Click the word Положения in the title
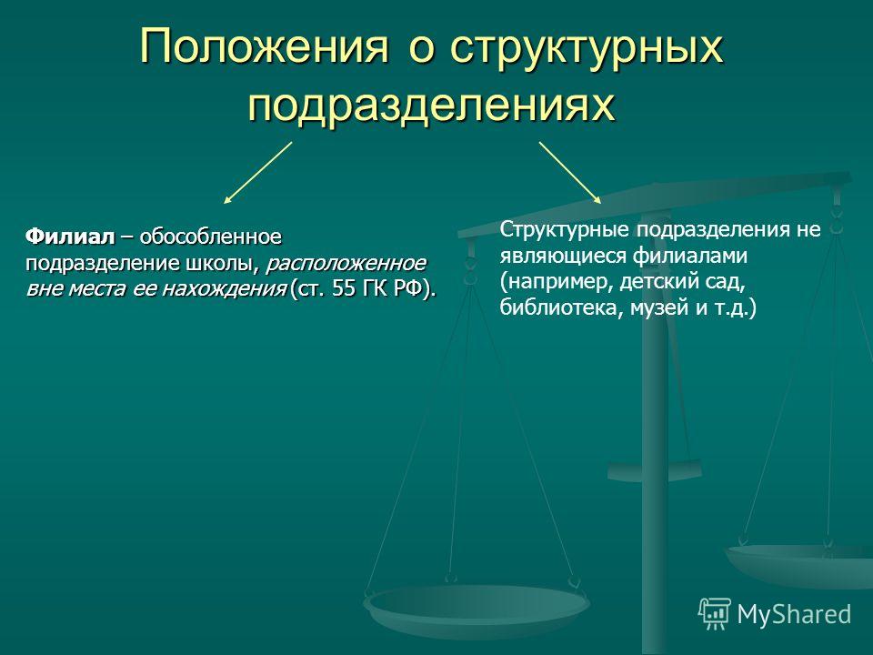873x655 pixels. click(264, 45)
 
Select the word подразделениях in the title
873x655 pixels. click(432, 106)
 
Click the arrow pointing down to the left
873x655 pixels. click(257, 173)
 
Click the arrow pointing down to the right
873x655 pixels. click(570, 173)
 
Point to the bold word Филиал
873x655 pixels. click(70, 237)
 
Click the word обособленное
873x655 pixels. click(210, 237)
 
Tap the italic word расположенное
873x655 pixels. click(346, 264)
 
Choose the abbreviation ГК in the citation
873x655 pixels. click(377, 289)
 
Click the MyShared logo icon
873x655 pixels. click(715, 614)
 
